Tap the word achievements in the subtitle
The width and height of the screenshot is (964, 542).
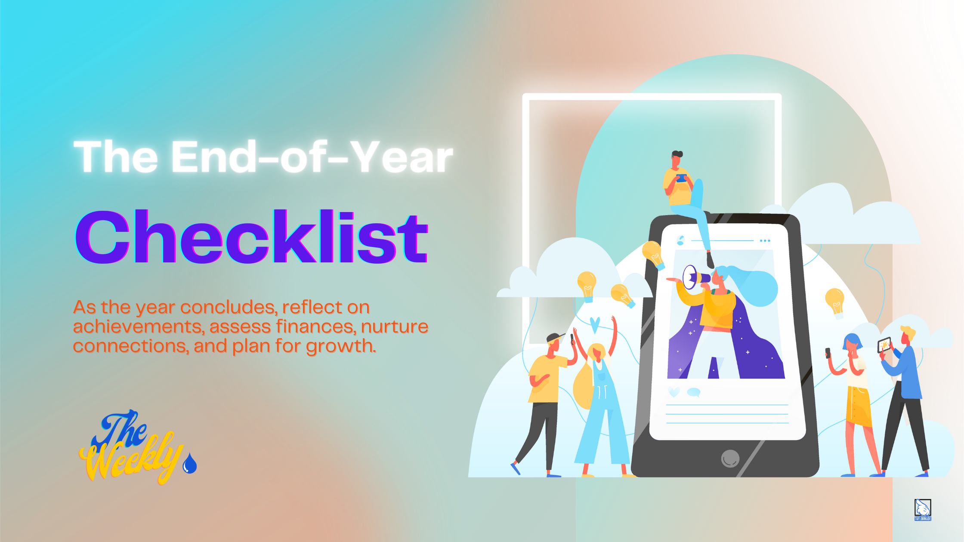138,326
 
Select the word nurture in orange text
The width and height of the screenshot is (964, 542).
395,326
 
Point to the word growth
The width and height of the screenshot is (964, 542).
341,346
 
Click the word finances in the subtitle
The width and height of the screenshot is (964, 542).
316,326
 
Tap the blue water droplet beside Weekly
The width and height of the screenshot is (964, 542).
190,464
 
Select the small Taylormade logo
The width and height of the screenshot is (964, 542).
922,509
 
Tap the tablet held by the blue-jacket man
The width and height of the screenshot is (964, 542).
884,345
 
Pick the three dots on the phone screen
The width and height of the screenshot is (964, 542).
765,241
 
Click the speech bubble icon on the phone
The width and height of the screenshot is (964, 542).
694,392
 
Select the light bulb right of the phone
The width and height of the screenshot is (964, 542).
835,302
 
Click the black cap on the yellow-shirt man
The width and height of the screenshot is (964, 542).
555,337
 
